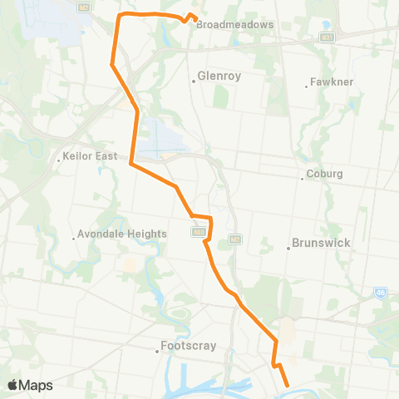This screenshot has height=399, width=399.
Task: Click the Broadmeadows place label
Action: tap(234, 25)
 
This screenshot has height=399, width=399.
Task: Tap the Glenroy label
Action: tap(219, 76)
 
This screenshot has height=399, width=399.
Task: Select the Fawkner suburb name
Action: tap(332, 82)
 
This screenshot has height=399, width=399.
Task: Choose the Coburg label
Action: tap(325, 175)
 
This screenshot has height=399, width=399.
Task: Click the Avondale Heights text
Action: tap(122, 234)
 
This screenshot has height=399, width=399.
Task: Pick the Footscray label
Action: tap(183, 347)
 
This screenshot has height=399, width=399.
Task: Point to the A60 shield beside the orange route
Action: tap(198, 233)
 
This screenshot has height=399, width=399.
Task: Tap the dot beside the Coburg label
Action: tap(303, 177)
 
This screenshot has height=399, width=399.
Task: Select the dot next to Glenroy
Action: tap(193, 81)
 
